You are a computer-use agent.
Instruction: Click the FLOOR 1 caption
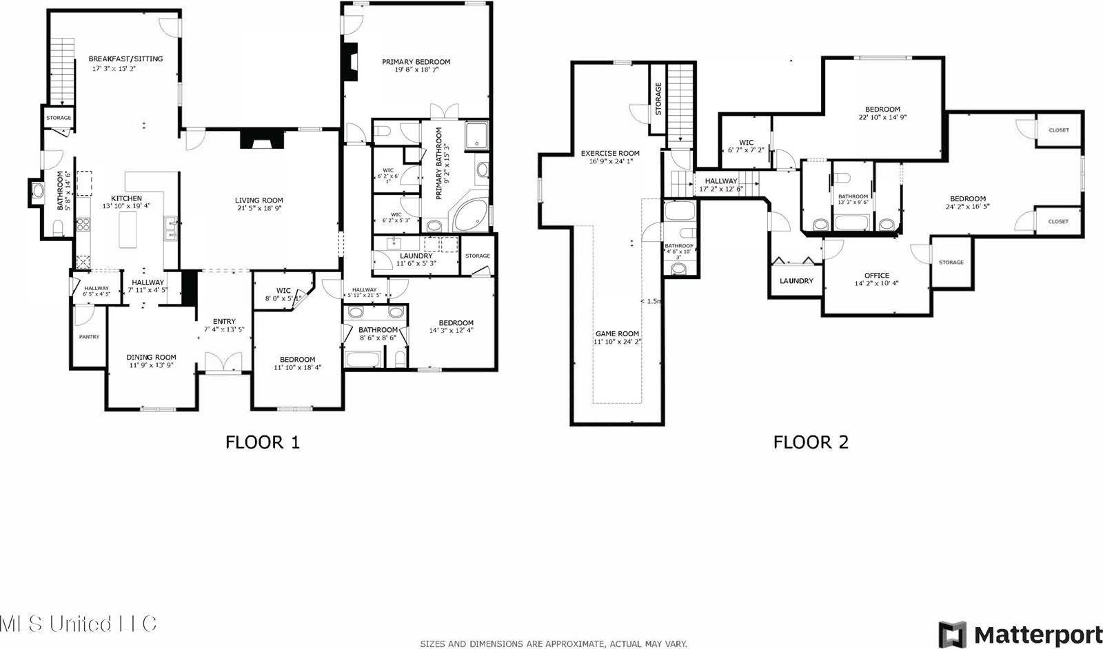click(263, 442)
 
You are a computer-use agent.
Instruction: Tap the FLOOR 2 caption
click(810, 442)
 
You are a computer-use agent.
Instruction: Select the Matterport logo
click(1020, 633)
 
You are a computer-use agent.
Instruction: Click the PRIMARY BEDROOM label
click(416, 62)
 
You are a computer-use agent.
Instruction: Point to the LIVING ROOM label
click(259, 200)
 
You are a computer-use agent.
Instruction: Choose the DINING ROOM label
click(151, 357)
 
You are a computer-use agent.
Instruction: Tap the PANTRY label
click(89, 337)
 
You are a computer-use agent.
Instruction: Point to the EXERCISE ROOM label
click(609, 154)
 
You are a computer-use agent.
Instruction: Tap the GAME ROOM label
click(617, 333)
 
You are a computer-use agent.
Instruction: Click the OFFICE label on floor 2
click(876, 276)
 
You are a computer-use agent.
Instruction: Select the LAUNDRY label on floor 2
click(796, 281)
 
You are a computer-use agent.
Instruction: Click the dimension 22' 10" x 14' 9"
click(882, 117)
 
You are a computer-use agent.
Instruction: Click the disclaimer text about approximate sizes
click(553, 643)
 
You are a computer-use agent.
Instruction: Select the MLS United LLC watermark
click(78, 624)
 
